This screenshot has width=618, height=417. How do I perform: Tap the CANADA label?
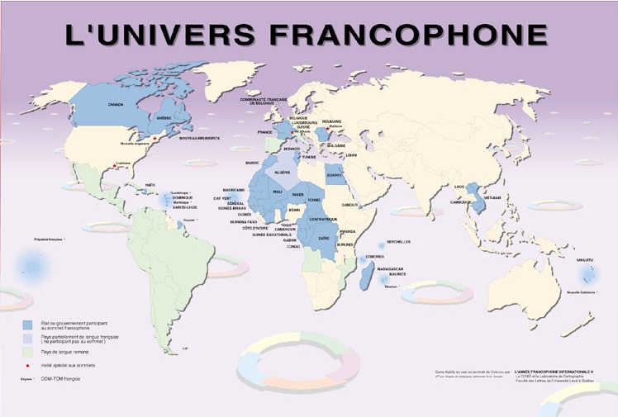pyautogui.click(x=116, y=105)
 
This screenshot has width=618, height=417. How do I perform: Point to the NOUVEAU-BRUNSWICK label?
pyautogui.click(x=201, y=138)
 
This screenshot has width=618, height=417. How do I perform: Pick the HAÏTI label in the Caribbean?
pyautogui.click(x=150, y=185)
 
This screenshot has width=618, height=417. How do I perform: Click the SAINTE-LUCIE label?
pyautogui.click(x=183, y=207)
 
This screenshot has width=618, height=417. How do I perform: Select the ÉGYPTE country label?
pyautogui.click(x=334, y=175)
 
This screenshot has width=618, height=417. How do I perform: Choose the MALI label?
pyautogui.click(x=278, y=192)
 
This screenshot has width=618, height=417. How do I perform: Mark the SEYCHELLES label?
pyautogui.click(x=399, y=242)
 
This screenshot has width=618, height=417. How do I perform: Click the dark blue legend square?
pyautogui.click(x=28, y=325)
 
